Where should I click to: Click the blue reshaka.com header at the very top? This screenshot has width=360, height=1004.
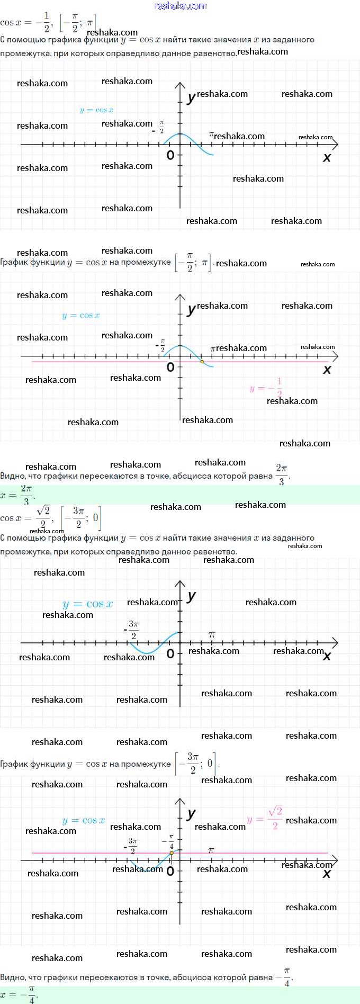180,6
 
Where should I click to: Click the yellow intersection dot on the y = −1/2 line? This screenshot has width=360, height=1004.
202,362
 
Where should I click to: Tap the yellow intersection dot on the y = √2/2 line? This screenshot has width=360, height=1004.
172,853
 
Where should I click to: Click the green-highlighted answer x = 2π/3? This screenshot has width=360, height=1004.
18,495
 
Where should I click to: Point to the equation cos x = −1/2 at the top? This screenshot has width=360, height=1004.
25,22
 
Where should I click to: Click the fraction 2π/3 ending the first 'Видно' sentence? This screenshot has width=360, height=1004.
281,474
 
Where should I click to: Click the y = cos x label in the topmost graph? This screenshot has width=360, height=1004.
96,110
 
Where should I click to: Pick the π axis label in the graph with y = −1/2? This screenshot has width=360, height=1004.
213,348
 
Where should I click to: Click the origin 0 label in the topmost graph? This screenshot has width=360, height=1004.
170,155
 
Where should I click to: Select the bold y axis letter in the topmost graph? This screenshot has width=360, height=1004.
191,97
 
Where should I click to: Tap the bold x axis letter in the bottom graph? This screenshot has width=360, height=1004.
327,873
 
